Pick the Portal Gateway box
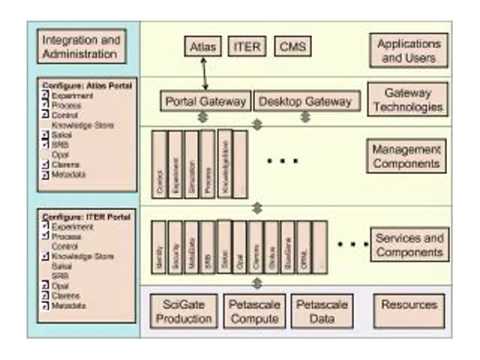point(206,101)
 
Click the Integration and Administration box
point(82,46)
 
